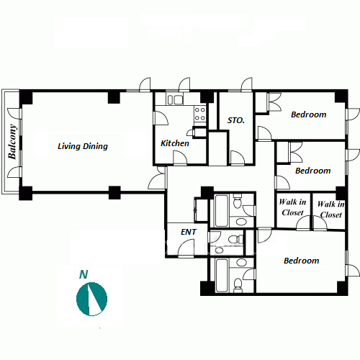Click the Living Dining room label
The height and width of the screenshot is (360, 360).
pos(83,146)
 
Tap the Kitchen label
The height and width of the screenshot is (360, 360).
pos(175,143)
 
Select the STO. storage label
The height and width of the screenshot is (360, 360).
pos(236,120)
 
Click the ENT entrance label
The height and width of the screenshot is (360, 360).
pos(189,232)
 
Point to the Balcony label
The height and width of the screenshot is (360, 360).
pos(12,142)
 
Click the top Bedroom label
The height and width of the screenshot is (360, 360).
pos(309,114)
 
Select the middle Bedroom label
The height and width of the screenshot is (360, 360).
pos(313,171)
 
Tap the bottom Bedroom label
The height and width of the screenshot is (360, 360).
pos(302,261)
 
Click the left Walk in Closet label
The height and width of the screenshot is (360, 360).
pos(292,207)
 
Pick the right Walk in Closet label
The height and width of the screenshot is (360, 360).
pos(331,210)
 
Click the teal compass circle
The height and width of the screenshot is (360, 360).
pos(91,299)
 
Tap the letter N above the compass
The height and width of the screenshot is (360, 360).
pos(84,274)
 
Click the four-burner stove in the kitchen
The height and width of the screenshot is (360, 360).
pos(200,114)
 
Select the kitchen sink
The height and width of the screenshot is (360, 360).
pos(176,99)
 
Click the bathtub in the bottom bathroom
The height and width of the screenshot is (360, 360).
pos(222,275)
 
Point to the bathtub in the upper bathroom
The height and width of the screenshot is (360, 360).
pos(222,211)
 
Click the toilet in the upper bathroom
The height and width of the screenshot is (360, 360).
pos(238,201)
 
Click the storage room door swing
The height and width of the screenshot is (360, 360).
pos(237,157)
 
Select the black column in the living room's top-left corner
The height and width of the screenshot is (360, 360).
pos(26,97)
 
